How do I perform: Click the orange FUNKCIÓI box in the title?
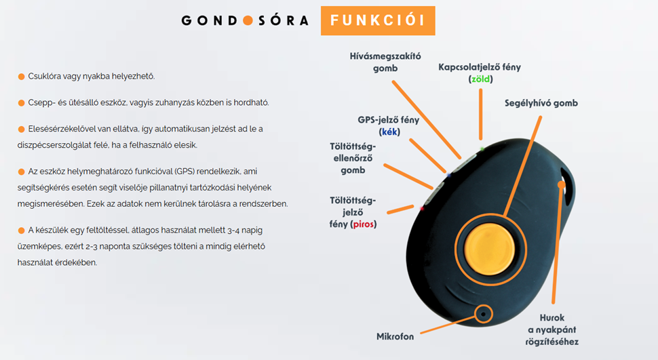377,20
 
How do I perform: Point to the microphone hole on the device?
483,313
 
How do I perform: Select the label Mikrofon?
395,336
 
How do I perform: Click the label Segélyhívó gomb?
541,103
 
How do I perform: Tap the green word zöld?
480,79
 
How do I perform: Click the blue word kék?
390,132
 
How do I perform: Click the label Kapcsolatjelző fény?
480,67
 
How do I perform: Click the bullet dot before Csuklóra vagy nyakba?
21,77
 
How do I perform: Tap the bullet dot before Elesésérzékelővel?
21,129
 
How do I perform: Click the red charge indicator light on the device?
423,209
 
